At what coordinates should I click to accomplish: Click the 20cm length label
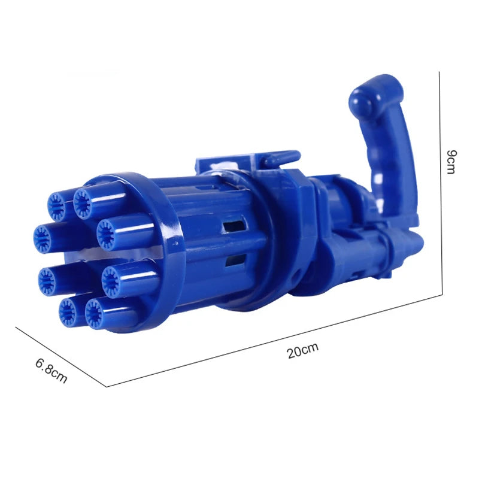tap(302, 351)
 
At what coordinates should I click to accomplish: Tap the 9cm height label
tap(451, 162)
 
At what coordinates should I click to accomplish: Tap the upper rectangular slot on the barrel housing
tap(234, 226)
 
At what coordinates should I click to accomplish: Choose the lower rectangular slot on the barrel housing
tap(236, 260)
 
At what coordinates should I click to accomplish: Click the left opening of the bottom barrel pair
tap(68, 311)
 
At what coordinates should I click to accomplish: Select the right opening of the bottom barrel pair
tap(94, 314)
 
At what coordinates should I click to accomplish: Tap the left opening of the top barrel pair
tap(56, 207)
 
